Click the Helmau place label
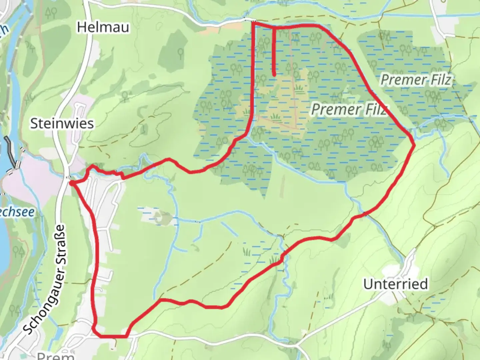pos(103,27)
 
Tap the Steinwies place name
pos(62,124)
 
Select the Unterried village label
pos(395,284)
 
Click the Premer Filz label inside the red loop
pos(349,109)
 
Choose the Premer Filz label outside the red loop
pos(416,80)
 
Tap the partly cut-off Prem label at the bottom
pos(55,355)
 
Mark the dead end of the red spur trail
pos(274,75)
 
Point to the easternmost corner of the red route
pos(414,144)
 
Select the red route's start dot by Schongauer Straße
pos(72,183)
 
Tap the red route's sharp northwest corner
pos(254,23)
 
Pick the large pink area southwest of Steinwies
pos(30,185)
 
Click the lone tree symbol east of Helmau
pos(180,52)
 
